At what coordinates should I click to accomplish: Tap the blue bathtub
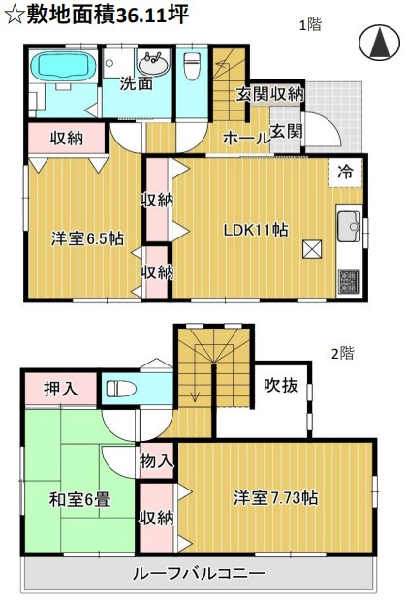point(60,72)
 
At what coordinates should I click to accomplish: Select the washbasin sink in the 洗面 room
point(153,65)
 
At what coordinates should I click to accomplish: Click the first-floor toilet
point(191,69)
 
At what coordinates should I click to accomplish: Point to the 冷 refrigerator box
point(346,171)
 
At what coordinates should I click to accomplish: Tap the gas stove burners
point(348,281)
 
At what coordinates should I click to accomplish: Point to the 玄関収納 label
point(270,94)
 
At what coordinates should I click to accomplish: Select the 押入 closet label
point(61,390)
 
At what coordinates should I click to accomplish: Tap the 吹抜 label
point(280,385)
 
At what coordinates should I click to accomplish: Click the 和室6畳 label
point(78,501)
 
